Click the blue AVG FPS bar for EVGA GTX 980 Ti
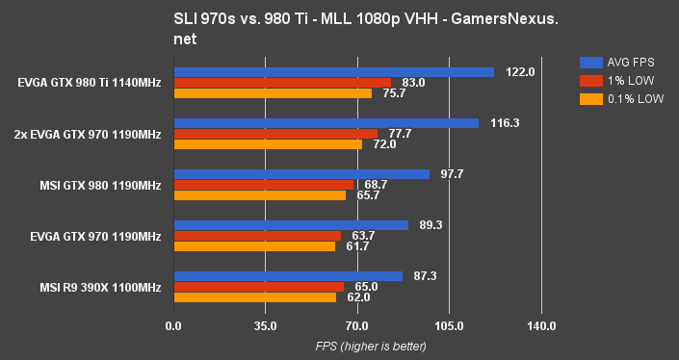point(333,72)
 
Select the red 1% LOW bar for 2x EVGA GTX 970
point(275,134)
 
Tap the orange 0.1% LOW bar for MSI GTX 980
point(260,195)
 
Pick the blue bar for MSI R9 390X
point(288,276)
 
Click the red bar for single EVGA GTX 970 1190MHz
point(257,236)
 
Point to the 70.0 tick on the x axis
point(357,326)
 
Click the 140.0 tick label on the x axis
point(541,326)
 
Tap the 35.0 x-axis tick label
point(265,326)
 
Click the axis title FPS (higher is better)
point(357,347)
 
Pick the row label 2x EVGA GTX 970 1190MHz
point(88,134)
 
